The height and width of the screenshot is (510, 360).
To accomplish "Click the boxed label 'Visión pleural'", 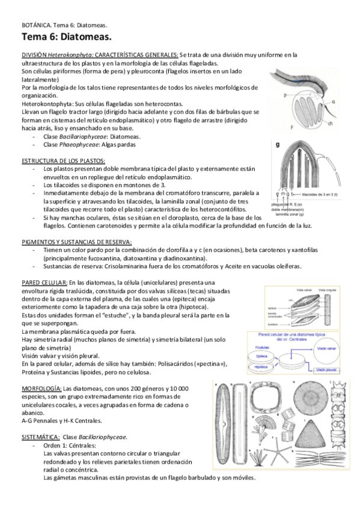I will coord(329,370).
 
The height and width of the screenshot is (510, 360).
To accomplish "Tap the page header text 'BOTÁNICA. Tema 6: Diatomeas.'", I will coord(64,25).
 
